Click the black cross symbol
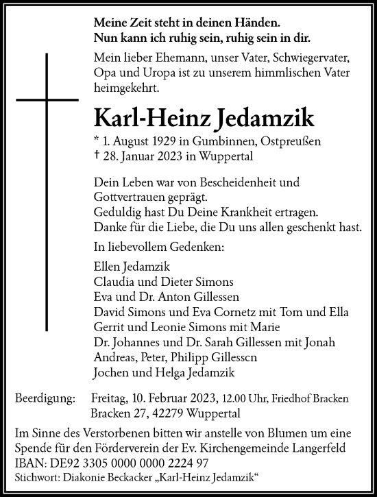tap(48, 99)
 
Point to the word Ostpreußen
tap(276, 141)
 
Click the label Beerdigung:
tap(45, 399)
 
